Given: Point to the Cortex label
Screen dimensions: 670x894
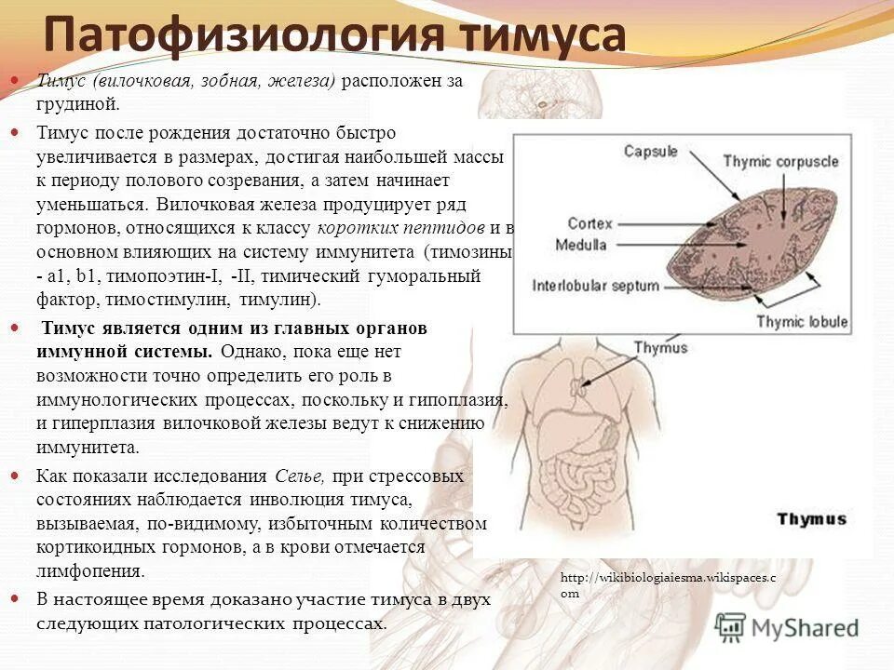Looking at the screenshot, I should pyautogui.click(x=588, y=223).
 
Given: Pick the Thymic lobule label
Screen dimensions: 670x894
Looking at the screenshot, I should pyautogui.click(x=802, y=322).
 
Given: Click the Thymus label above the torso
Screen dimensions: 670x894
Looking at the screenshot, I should pyautogui.click(x=661, y=348).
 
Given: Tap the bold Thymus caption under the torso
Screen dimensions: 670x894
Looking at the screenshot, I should pyautogui.click(x=812, y=519).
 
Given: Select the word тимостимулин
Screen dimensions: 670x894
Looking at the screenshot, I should pyautogui.click(x=175, y=300).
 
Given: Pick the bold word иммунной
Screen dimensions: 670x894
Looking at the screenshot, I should pyautogui.click(x=82, y=353).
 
